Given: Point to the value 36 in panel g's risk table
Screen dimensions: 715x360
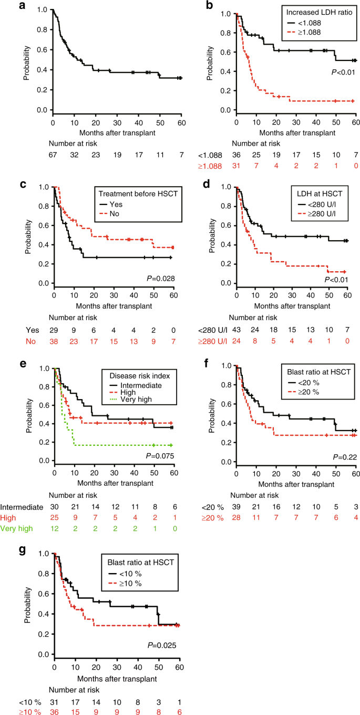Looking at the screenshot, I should (54, 709).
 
